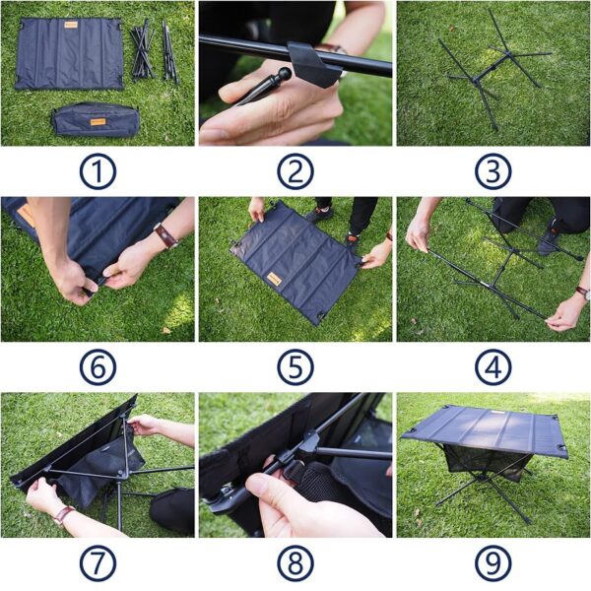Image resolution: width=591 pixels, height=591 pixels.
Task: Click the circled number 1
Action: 98,171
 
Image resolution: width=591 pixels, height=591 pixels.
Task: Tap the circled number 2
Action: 295,171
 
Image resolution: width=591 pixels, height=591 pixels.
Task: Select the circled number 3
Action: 493,171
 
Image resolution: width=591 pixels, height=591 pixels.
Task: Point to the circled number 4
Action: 493,367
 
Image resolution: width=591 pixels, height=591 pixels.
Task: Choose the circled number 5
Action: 295,367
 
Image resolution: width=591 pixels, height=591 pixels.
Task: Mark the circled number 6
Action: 98,367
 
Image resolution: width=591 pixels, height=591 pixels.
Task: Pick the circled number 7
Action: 98,563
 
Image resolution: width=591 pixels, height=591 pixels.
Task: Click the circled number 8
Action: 295,563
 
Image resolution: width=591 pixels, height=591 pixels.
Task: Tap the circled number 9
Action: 493,563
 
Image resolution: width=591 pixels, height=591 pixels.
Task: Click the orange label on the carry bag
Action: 98,122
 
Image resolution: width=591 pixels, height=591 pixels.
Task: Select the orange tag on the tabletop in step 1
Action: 71,25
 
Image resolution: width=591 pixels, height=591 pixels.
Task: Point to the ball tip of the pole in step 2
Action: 285,74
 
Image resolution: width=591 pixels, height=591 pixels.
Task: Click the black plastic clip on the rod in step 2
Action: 313,64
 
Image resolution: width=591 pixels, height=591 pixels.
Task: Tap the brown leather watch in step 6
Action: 165,235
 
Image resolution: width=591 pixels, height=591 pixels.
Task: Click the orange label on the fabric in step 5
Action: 275,280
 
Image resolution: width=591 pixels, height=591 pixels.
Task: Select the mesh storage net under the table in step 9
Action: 487,462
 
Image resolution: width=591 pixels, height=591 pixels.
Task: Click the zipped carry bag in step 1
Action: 96,120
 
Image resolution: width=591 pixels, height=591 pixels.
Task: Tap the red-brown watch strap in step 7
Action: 63,515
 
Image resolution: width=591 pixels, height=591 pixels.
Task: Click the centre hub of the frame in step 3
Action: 476,81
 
